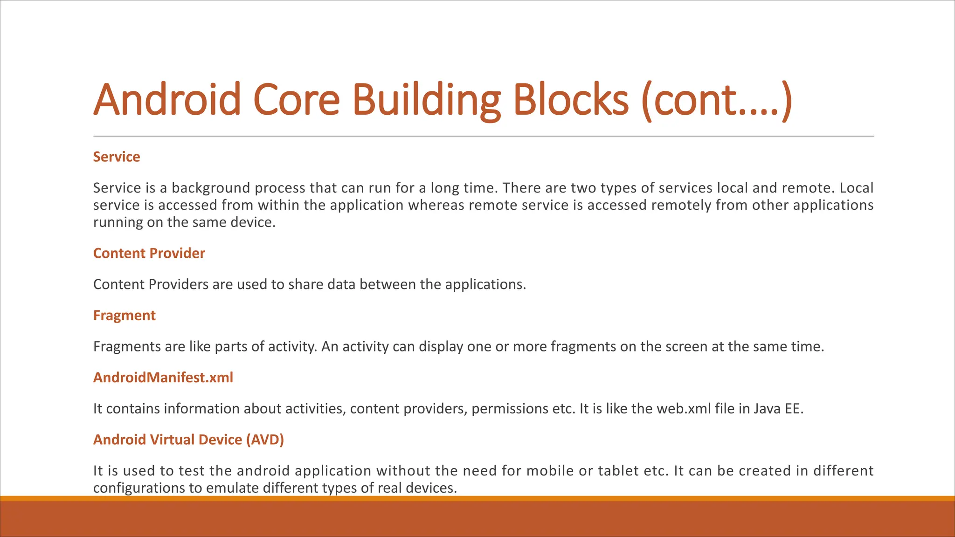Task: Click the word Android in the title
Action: click(167, 99)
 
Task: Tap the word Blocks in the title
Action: click(571, 99)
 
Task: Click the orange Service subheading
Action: click(117, 157)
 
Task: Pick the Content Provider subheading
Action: click(149, 253)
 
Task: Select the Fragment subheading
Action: click(124, 316)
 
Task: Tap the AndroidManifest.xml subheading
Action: click(163, 378)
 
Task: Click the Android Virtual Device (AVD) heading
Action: click(188, 440)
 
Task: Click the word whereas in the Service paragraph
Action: click(436, 205)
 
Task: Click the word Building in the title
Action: click(426, 99)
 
